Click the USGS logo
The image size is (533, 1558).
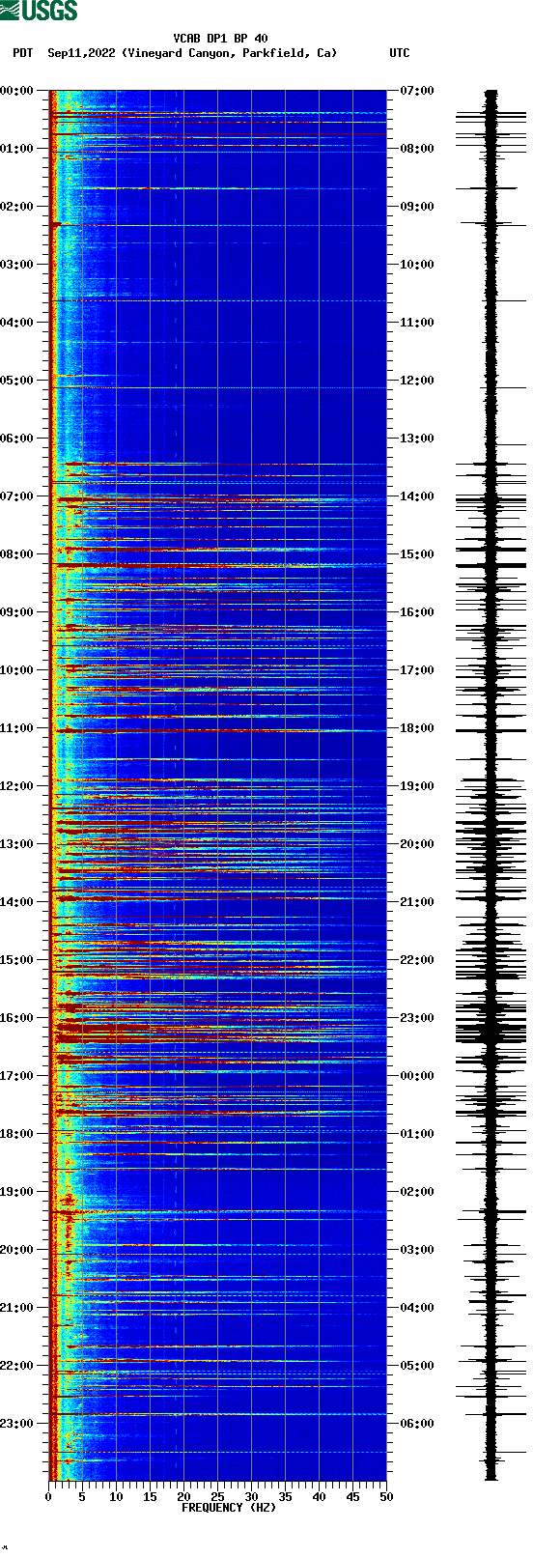pos(39,11)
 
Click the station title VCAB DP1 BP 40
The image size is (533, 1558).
pos(220,39)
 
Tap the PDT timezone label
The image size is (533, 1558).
pos(22,53)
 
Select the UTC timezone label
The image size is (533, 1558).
pos(399,53)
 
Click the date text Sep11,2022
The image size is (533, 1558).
pos(81,53)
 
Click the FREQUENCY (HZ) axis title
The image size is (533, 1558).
pos(228,1507)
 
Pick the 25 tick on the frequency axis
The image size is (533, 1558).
pos(217,1497)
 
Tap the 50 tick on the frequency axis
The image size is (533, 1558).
pos(386,1497)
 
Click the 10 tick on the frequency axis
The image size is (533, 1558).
pos(116,1497)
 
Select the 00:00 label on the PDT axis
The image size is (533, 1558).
pos(16,91)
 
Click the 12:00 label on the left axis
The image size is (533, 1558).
pos(16,786)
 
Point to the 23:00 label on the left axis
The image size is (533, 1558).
pos(16,1424)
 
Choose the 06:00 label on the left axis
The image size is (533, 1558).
pos(16,439)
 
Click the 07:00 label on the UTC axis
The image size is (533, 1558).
pos(417,91)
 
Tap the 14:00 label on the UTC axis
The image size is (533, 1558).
pos(417,496)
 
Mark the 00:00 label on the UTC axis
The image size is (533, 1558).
pos(417,1076)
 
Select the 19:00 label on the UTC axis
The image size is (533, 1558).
pos(417,786)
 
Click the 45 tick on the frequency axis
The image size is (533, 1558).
pos(352,1497)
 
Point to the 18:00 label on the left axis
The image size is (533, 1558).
pos(16,1134)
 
